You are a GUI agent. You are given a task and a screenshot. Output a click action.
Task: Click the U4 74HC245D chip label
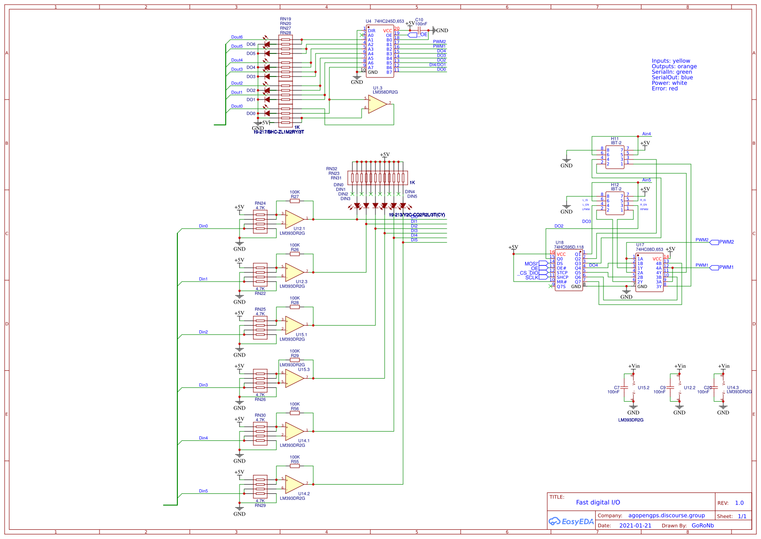pyautogui.click(x=385, y=21)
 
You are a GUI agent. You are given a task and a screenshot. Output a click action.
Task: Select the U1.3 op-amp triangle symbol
pyautogui.click(x=377, y=104)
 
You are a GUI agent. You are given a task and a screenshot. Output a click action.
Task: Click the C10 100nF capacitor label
pyautogui.click(x=420, y=22)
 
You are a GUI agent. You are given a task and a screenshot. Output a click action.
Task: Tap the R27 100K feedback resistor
pyautogui.click(x=295, y=201)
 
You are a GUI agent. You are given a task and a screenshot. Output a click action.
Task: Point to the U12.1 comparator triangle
pyautogui.click(x=293, y=219)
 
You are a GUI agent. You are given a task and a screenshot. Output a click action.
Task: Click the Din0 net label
pyautogui.click(x=203, y=226)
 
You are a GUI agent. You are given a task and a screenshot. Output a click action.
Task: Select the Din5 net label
pyautogui.click(x=203, y=491)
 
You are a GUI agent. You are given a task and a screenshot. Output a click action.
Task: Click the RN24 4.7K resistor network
pyautogui.click(x=260, y=222)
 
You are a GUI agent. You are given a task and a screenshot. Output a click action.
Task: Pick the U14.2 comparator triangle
pyautogui.click(x=293, y=484)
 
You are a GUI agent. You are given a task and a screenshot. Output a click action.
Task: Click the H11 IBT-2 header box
pyautogui.click(x=615, y=157)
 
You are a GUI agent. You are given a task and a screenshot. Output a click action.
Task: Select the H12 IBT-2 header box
pyautogui.click(x=615, y=203)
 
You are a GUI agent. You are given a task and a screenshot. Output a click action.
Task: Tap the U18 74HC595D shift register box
pyautogui.click(x=568, y=270)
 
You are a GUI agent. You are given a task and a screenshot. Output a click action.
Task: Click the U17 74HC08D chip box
pyautogui.click(x=649, y=272)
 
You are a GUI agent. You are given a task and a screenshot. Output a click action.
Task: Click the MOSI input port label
pyautogui.click(x=532, y=264)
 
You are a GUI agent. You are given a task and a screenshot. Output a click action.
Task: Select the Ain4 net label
pyautogui.click(x=646, y=134)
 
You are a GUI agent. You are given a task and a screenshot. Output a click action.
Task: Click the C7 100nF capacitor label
pyautogui.click(x=614, y=390)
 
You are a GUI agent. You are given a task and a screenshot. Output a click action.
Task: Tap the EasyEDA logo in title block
pyautogui.click(x=571, y=521)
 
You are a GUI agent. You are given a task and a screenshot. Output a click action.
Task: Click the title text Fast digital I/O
pyautogui.click(x=597, y=503)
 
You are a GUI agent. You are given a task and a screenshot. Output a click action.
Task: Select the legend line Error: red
pyautogui.click(x=664, y=88)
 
